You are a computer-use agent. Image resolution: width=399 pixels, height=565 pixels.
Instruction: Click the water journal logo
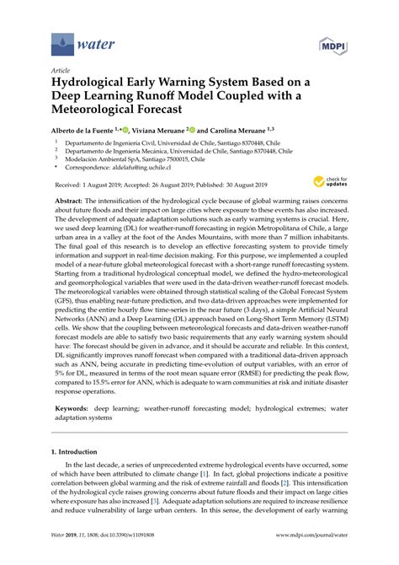click(75, 40)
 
